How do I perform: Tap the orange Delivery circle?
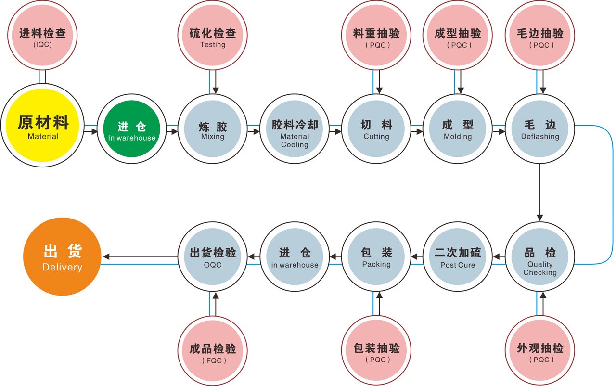62,257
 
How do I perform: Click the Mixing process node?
212,129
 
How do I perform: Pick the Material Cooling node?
295,129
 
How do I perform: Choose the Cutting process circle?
376,129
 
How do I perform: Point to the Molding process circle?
458,129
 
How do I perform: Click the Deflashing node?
540,129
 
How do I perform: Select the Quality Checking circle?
540,257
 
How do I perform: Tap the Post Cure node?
458,257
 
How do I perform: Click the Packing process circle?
376,257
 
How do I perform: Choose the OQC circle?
212,257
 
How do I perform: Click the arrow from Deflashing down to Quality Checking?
540,193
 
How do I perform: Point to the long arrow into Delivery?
140,257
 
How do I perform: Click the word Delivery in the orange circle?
62,267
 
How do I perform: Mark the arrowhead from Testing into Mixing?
216,90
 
